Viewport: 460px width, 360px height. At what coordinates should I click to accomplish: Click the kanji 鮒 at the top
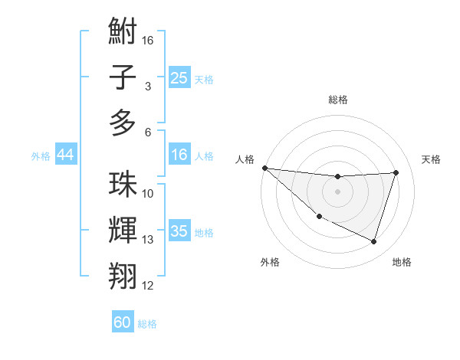click(x=123, y=32)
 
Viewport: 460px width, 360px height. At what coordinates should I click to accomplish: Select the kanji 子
click(x=123, y=77)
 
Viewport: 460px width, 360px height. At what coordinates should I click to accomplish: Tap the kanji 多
click(x=123, y=123)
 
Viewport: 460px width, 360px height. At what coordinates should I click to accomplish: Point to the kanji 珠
click(x=123, y=185)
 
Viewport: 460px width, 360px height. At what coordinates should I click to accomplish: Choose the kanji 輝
click(x=123, y=231)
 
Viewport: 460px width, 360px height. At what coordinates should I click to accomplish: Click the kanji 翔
click(x=123, y=277)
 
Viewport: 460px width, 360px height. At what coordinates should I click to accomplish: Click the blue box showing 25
click(x=179, y=78)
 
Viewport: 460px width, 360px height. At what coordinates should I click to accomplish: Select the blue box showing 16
click(x=179, y=155)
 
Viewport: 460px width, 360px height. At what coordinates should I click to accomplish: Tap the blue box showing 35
click(x=179, y=232)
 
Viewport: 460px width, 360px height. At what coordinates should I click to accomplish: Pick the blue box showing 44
click(x=65, y=155)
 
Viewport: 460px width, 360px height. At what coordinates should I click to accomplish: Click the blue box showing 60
click(x=123, y=322)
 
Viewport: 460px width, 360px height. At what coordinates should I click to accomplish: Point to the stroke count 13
click(x=148, y=240)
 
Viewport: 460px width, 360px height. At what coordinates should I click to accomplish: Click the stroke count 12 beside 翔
click(x=148, y=286)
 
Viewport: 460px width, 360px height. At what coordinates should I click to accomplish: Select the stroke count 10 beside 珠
click(x=148, y=194)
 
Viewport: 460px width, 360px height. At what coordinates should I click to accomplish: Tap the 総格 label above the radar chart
click(x=337, y=100)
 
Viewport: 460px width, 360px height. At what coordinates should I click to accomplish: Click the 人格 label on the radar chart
click(x=245, y=159)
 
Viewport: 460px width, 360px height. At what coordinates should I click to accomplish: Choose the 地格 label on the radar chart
click(x=402, y=262)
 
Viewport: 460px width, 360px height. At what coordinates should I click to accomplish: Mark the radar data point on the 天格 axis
click(x=396, y=172)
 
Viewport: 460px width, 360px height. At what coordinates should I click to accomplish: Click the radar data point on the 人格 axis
click(x=264, y=167)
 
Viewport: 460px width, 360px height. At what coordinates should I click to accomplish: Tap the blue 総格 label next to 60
click(x=147, y=324)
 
